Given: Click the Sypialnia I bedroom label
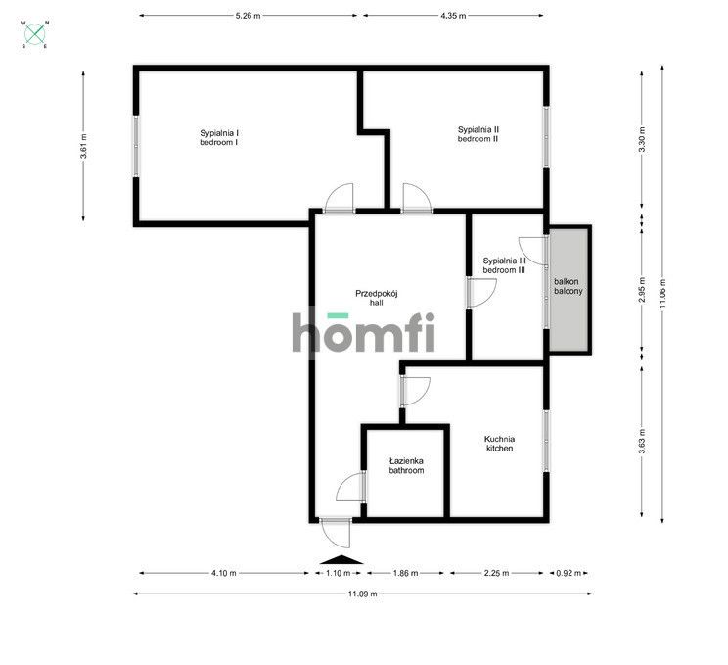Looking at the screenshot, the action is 219,137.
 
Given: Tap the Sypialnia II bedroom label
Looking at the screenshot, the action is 478,134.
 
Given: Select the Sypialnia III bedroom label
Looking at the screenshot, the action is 504,265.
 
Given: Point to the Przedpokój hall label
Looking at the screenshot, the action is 377,298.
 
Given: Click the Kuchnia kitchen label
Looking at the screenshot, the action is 500,444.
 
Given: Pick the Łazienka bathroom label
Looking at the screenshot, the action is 406,465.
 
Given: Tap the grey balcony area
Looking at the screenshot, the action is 569,290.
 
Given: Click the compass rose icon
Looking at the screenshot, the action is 35,34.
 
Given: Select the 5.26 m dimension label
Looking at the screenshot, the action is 248,16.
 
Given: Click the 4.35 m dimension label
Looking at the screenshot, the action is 453,16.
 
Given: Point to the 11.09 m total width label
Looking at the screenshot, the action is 363,594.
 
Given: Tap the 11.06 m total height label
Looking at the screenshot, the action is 662,293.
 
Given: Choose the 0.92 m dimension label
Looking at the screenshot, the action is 569,573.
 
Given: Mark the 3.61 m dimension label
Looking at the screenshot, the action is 83,146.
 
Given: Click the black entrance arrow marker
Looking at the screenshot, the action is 341,559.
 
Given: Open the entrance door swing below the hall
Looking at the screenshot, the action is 336,534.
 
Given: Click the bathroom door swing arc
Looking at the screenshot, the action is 350,486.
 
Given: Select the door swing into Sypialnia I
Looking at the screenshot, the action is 339,198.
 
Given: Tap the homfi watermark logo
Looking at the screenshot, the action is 363,332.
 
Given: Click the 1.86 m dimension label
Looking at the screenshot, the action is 405,573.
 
